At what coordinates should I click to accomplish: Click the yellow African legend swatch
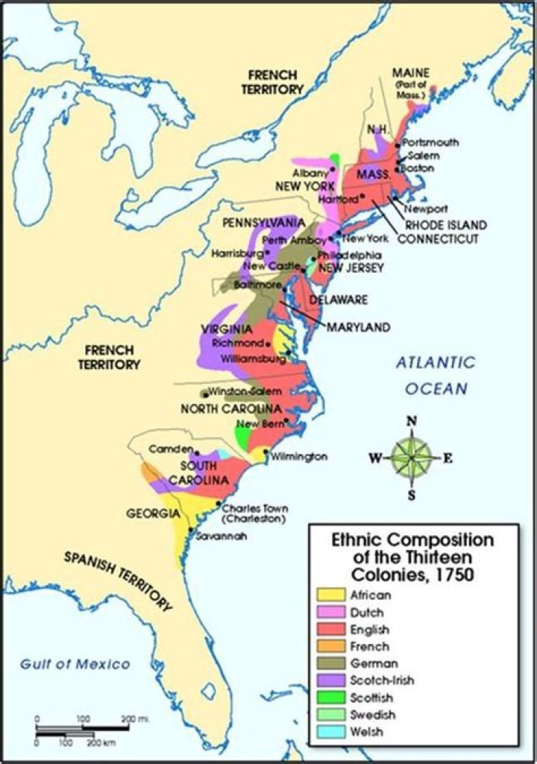[x=330, y=594]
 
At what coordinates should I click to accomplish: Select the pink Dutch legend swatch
[x=330, y=611]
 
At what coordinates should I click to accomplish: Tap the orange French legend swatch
[x=330, y=646]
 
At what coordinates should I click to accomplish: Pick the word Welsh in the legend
[x=365, y=731]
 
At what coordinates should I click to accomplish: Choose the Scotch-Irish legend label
[x=382, y=680]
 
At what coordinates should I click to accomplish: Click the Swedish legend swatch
[x=330, y=715]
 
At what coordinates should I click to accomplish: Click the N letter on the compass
[x=411, y=422]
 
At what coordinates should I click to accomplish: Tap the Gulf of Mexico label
[x=75, y=664]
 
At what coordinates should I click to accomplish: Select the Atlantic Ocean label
[x=436, y=375]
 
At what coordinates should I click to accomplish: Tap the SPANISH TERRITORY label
[x=118, y=581]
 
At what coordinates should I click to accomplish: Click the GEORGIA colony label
[x=152, y=514]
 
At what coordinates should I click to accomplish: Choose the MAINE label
[x=412, y=72]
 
